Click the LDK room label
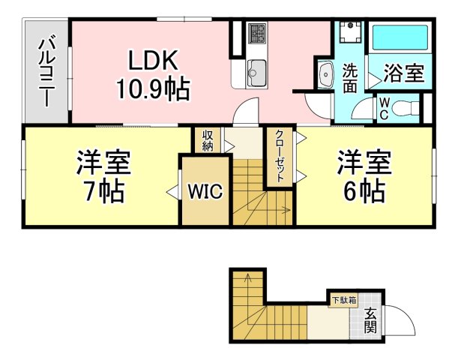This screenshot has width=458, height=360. pos(153,61)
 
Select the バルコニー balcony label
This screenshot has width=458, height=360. pos(47,70)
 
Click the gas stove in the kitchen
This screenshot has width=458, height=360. pos(257,33)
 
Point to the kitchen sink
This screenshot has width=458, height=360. pos(257,73)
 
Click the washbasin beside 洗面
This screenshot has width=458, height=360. pos(325,74)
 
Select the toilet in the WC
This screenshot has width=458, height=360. pos(405,108)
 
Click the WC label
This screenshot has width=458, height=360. pos(384,109)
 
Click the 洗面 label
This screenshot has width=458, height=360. pos(349,78)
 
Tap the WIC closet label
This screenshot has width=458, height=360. pos(205,191)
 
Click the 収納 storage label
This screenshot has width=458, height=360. pos(208,140)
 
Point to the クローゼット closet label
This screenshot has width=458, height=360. pos(280,156)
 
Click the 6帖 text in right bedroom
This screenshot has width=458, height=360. pos(364,191)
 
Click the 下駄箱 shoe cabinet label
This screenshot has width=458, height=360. pos(344,300)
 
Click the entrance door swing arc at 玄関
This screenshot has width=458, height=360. pos(406,314)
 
